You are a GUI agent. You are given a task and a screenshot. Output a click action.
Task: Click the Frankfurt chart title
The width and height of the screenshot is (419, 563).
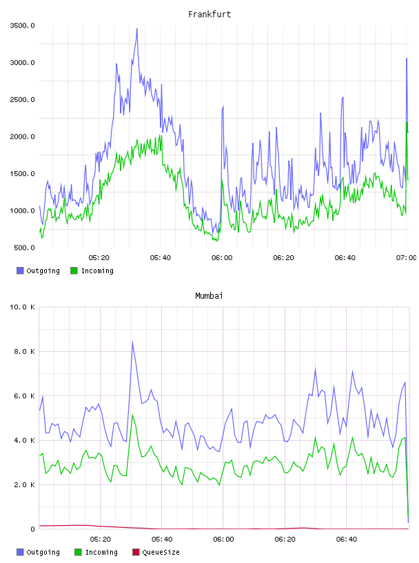click(209, 14)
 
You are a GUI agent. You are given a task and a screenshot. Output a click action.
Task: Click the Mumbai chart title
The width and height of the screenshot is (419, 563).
click(209, 296)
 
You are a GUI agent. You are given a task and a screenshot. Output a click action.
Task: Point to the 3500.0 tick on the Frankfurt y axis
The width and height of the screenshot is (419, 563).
click(22, 26)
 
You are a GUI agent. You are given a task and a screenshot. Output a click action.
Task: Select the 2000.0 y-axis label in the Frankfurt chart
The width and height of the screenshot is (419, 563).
click(22, 137)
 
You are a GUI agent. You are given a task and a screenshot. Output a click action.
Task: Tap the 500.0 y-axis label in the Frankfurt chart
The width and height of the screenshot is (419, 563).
click(24, 248)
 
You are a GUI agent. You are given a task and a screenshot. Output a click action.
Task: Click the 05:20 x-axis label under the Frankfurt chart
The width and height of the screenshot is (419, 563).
click(99, 258)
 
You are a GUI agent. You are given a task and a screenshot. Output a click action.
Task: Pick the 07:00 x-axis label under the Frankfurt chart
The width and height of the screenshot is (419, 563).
click(406, 258)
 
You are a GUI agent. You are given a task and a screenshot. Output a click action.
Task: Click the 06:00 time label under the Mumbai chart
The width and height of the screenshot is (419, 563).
click(223, 540)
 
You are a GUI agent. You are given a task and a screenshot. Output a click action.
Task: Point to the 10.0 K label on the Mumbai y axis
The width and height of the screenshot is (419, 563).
click(22, 307)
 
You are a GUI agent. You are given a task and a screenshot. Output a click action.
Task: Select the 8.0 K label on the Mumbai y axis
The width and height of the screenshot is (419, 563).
click(24, 351)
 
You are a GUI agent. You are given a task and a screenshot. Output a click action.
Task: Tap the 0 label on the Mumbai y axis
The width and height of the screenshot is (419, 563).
click(32, 529)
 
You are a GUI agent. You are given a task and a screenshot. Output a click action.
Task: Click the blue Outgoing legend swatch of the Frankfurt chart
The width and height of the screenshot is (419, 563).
click(20, 270)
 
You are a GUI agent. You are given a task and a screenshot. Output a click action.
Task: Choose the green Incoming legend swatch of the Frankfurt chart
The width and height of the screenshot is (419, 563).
click(74, 270)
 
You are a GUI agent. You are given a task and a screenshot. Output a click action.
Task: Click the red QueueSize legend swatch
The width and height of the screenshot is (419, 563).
click(136, 552)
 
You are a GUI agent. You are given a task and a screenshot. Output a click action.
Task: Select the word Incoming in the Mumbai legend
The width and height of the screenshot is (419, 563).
click(101, 552)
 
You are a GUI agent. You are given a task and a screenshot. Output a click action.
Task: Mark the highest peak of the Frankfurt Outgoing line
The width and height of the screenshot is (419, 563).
click(137, 29)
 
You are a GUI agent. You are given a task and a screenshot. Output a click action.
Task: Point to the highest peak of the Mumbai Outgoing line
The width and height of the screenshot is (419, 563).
click(132, 342)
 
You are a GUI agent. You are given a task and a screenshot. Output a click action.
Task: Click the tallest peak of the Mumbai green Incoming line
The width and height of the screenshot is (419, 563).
click(132, 415)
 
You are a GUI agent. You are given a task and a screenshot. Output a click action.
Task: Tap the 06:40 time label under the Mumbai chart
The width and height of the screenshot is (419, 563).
click(347, 540)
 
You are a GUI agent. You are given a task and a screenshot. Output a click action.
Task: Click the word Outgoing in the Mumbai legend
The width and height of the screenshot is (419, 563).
click(43, 552)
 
